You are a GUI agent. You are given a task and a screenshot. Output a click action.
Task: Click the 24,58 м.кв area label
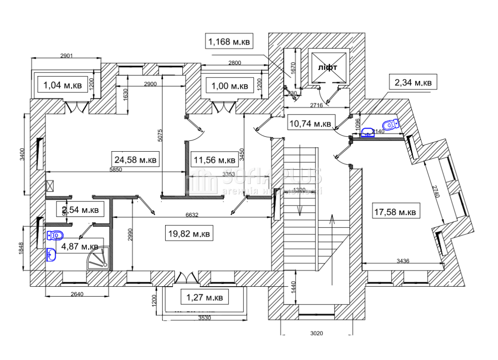136,159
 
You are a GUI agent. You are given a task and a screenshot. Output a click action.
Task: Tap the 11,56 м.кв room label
215,159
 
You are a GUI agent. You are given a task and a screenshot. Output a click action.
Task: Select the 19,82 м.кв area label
189,234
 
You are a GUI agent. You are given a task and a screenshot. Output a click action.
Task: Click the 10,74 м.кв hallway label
311,123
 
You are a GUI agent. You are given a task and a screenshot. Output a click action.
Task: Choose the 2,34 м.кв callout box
413,83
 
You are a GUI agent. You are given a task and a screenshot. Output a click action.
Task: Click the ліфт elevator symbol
327,67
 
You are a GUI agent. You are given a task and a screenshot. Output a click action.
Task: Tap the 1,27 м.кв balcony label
205,298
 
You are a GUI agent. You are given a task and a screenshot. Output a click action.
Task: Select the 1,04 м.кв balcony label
62,84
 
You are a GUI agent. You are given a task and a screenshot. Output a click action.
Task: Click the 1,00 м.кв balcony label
227,86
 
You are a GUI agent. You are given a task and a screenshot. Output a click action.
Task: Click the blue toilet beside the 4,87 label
55,235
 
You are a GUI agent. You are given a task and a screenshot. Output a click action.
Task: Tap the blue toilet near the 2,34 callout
391,124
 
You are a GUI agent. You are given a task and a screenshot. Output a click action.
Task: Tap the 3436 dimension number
404,261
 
